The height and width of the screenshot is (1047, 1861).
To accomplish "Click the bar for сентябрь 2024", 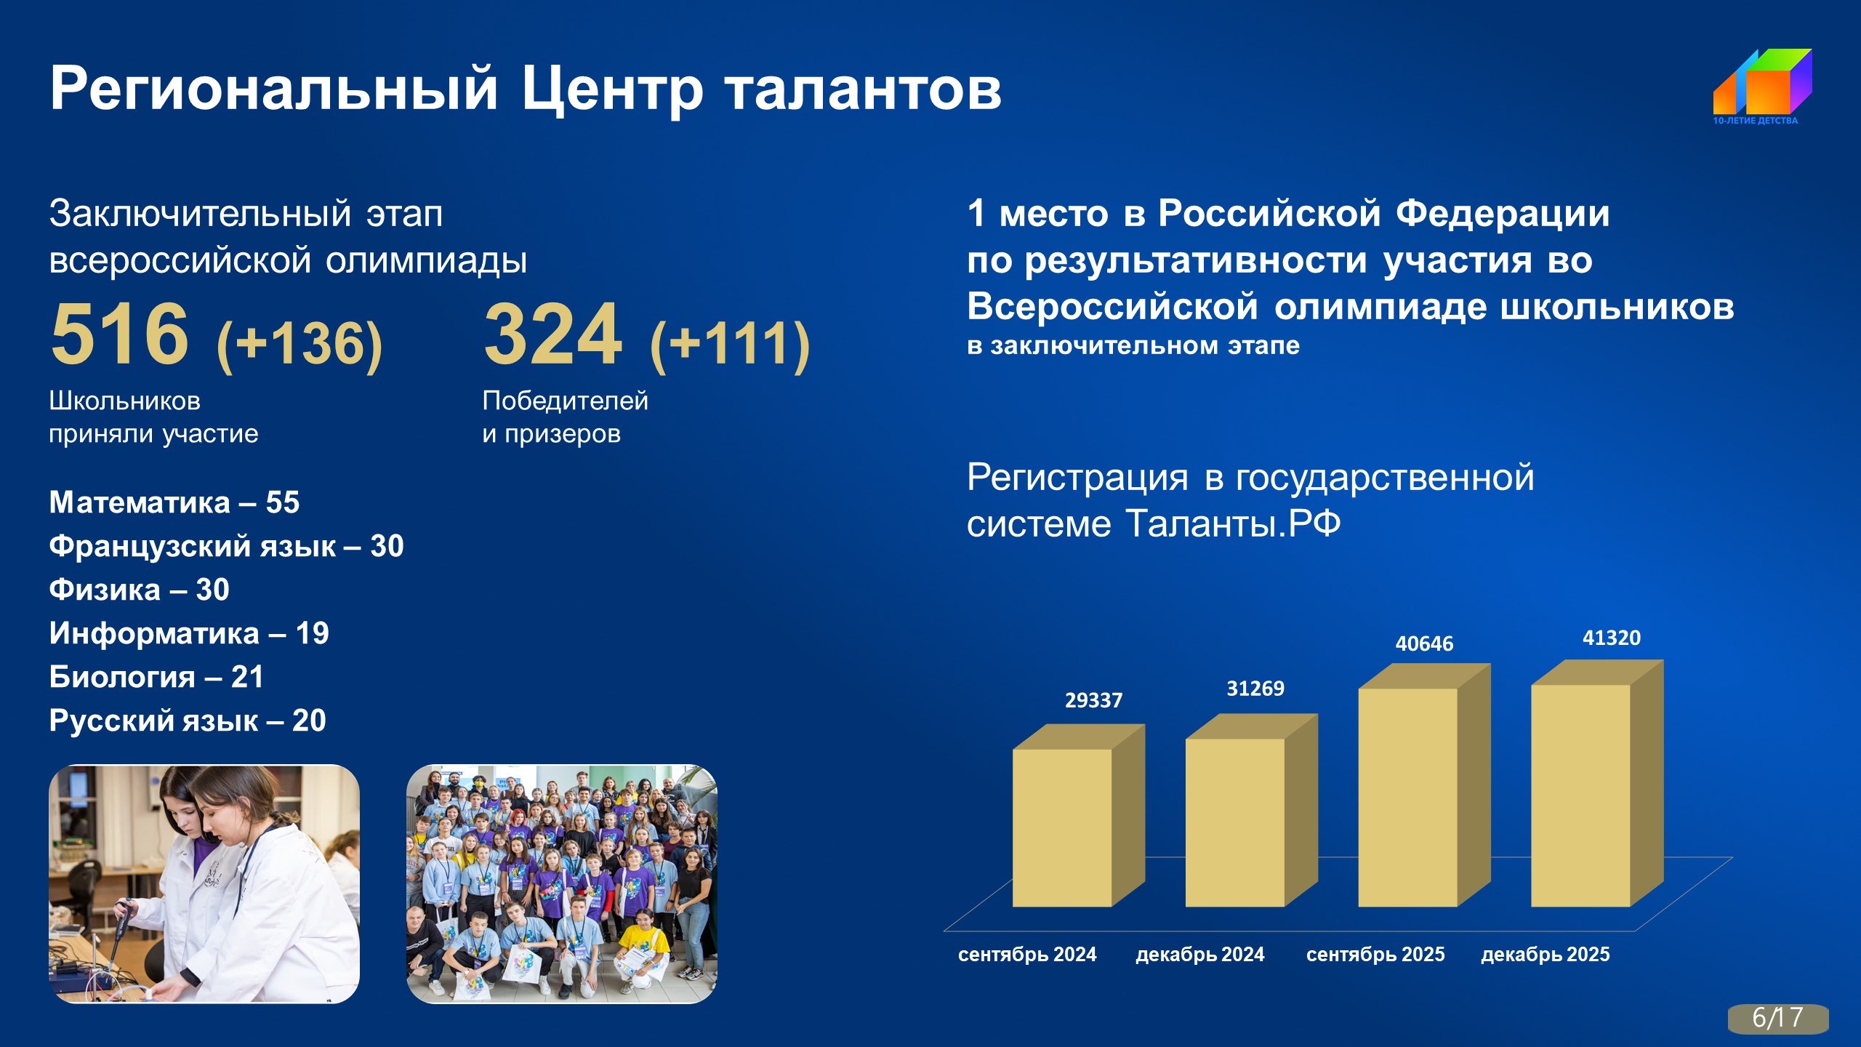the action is (x=1079, y=815).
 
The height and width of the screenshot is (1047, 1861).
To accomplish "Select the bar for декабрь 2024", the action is (x=1252, y=810).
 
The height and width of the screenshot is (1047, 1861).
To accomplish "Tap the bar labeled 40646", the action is (x=1425, y=785).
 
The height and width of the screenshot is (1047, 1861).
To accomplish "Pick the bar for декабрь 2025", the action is (x=1598, y=783).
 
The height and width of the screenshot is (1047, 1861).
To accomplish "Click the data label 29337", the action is (x=1094, y=700).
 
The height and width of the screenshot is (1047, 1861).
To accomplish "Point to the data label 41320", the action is (x=1612, y=638).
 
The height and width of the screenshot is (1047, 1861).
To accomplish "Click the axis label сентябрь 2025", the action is (x=1375, y=954).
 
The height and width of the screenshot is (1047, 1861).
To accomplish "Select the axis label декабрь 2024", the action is (x=1200, y=954).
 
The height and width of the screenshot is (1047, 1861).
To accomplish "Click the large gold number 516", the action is (x=120, y=334).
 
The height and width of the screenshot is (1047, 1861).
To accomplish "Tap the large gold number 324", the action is (x=553, y=334).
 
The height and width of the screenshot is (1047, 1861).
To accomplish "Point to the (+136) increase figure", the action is (x=300, y=345).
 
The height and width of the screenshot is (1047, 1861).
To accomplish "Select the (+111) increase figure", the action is (x=730, y=345).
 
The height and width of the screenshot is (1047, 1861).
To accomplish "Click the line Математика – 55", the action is (x=174, y=502).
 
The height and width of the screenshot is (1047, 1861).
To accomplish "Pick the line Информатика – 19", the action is (x=189, y=633).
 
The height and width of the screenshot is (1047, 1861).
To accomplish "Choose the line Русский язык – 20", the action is (x=188, y=721).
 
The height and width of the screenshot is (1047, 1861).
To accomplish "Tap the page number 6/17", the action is (x=1778, y=1018).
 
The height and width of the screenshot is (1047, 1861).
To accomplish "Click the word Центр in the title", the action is (x=612, y=89).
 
